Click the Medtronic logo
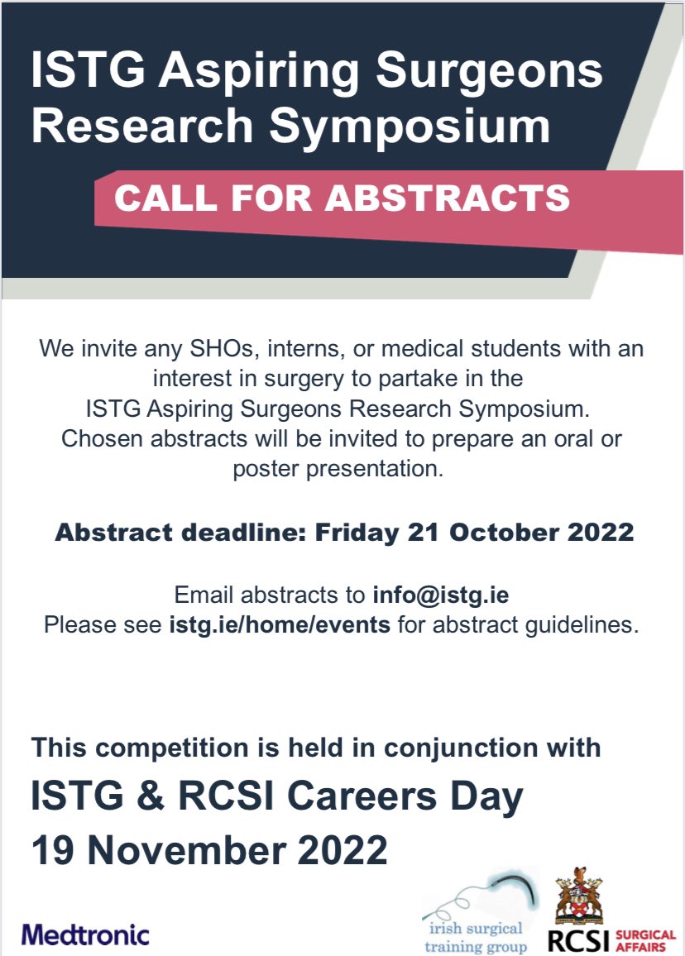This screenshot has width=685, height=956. coord(86,935)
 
